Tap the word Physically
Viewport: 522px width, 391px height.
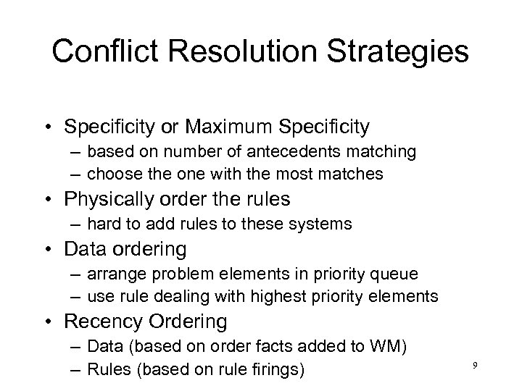pos(108,199)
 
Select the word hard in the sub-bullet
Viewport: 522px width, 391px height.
pos(101,224)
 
